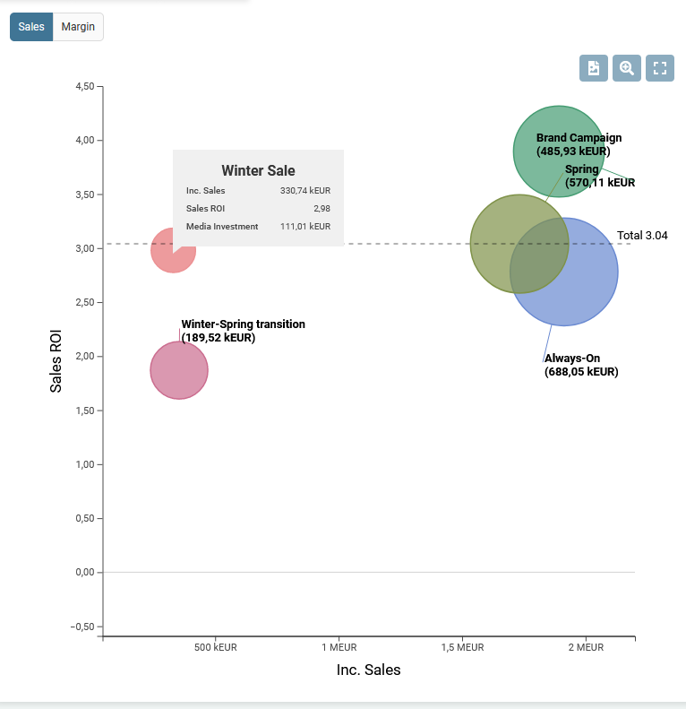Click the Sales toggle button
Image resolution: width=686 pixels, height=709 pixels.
(31, 27)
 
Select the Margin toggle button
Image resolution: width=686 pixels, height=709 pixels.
(79, 27)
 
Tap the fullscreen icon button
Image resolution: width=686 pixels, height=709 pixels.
(660, 68)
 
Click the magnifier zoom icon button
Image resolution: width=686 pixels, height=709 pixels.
(627, 68)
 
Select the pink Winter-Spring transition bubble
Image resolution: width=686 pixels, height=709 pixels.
(179, 370)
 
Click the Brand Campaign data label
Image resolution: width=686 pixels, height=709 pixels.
(579, 144)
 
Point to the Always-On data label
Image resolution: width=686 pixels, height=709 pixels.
(580, 365)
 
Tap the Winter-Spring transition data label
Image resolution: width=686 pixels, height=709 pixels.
(243, 331)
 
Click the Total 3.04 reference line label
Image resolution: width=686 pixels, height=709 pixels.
(642, 236)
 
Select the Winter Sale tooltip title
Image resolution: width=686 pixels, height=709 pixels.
(258, 170)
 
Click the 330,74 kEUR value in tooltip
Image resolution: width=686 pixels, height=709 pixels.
(305, 190)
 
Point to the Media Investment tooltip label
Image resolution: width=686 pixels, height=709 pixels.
(222, 227)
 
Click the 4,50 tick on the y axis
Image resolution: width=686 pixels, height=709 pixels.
(84, 87)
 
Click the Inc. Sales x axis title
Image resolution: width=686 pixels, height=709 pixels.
(368, 670)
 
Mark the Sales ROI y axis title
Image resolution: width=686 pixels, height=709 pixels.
(56, 359)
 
